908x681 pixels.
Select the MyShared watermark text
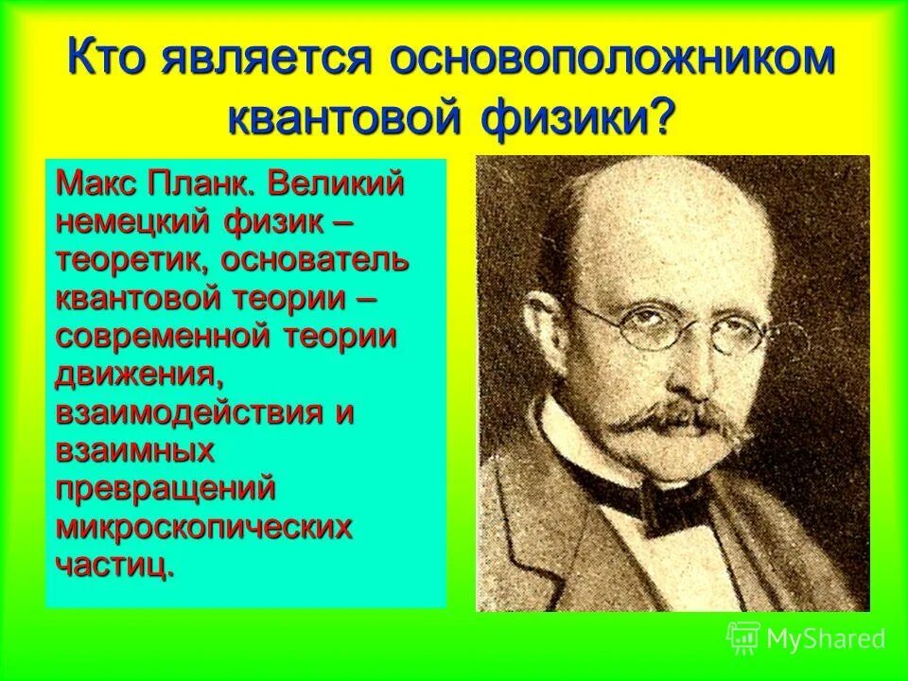coord(825,638)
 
